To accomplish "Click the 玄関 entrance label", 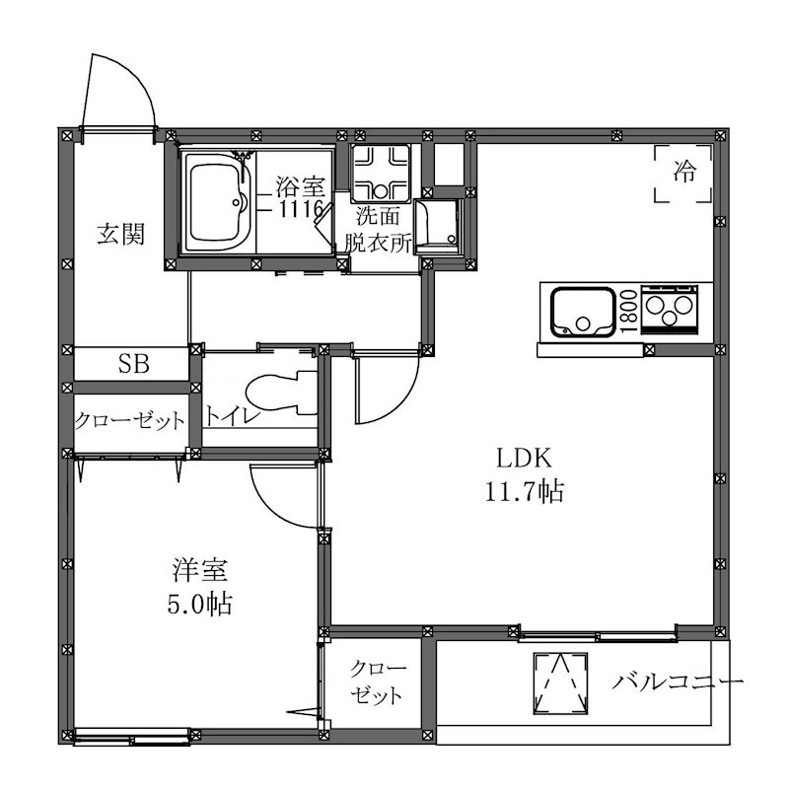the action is (x=120, y=235).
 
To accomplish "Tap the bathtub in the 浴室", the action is (x=217, y=202).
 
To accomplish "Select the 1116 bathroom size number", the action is (x=301, y=209).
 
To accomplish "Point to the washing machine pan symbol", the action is (x=381, y=174).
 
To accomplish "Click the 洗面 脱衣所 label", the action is (x=378, y=230).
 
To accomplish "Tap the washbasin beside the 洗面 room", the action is (x=437, y=227).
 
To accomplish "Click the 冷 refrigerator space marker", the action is (x=683, y=173).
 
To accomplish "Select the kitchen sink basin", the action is (x=584, y=312).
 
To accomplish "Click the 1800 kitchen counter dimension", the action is (x=629, y=311).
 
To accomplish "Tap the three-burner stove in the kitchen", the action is (x=670, y=310).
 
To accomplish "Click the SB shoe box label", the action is (x=134, y=363).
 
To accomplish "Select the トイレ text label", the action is (x=232, y=416).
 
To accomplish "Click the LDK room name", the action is (x=525, y=458).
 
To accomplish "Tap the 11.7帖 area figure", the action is (x=525, y=491).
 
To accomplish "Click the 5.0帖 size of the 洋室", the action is (x=200, y=605).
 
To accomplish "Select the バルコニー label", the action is (x=678, y=682).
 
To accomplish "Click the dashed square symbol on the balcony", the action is (x=560, y=682).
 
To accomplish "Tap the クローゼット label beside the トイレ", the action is (x=130, y=421).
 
